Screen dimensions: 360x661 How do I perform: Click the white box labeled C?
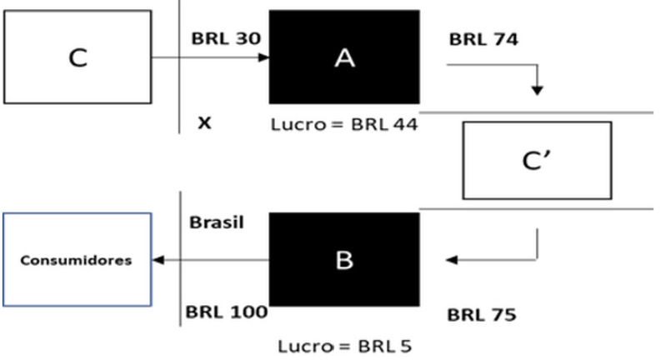pyautogui.click(x=78, y=57)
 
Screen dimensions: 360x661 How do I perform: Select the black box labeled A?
pyautogui.click(x=343, y=57)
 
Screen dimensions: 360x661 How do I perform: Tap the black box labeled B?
pyautogui.click(x=343, y=258)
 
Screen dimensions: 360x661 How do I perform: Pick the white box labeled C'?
pyautogui.click(x=537, y=160)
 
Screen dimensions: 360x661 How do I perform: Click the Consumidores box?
pyautogui.click(x=78, y=260)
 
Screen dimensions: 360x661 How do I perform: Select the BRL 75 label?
pyautogui.click(x=482, y=315)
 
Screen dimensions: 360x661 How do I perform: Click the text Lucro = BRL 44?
pyautogui.click(x=343, y=125)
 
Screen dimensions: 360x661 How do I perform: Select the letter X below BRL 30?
pyautogui.click(x=203, y=123)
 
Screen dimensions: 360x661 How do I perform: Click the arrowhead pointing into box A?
pyautogui.click(x=263, y=57)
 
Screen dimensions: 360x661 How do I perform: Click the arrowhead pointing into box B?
pyautogui.click(x=451, y=260)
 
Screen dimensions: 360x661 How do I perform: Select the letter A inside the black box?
pyautogui.click(x=343, y=57)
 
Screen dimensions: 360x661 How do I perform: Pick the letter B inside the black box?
pyautogui.click(x=343, y=260)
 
